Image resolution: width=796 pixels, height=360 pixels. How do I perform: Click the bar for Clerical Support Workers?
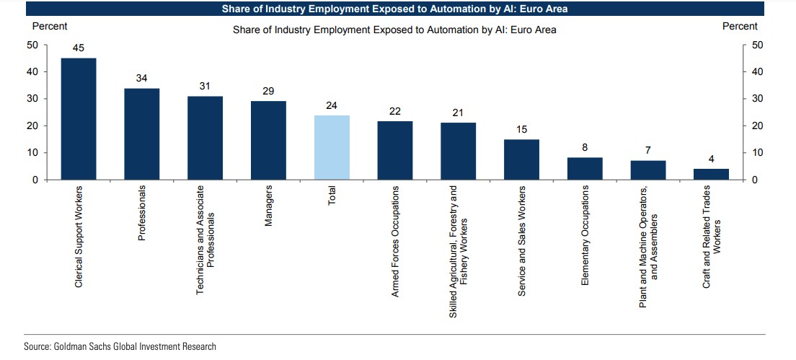pyautogui.click(x=78, y=119)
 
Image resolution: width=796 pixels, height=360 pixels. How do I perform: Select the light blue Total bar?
pyautogui.click(x=332, y=147)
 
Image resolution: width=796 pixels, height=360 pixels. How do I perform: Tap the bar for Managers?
pyautogui.click(x=268, y=140)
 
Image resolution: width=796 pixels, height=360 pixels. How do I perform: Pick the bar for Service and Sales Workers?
pyautogui.click(x=521, y=159)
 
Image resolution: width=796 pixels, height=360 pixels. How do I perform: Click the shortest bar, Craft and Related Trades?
pyautogui.click(x=712, y=174)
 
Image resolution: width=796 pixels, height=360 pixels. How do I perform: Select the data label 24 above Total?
pyautogui.click(x=332, y=106)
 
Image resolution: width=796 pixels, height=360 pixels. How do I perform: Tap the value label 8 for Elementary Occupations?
pyautogui.click(x=585, y=148)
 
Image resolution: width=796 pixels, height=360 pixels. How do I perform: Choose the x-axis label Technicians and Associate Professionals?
pyautogui.click(x=205, y=237)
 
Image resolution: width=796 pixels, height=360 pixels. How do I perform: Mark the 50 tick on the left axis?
pyautogui.click(x=33, y=45)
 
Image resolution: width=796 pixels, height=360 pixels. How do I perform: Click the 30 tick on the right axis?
pyautogui.click(x=756, y=99)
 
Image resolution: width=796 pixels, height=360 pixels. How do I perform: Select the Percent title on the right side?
pyautogui.click(x=740, y=26)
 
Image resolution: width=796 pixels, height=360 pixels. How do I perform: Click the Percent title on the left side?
pyautogui.click(x=50, y=26)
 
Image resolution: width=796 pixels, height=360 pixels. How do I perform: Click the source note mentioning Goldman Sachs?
pyautogui.click(x=120, y=347)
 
